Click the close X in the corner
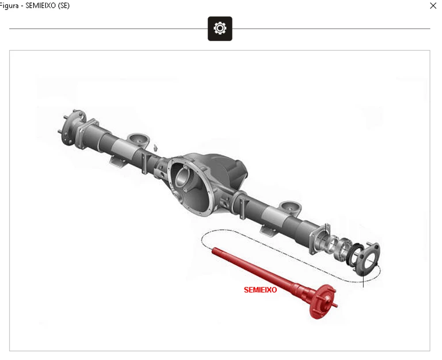[x=433, y=6]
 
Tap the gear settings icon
[x=220, y=28]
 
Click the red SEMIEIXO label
[x=260, y=290]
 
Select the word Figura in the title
[x=9, y=6]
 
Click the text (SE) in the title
[x=64, y=6]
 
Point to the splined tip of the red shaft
[x=215, y=250]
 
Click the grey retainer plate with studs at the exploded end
[x=367, y=258]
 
